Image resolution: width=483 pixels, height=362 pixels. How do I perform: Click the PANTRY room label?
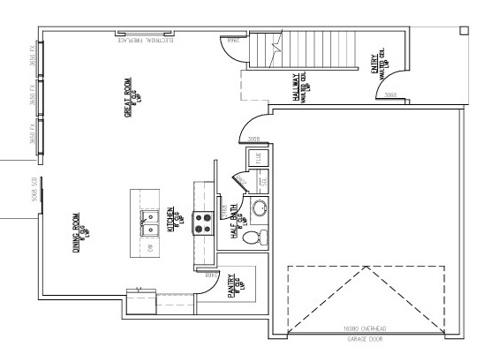point(231,288)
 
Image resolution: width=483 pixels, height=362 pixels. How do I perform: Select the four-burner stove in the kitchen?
point(205,222)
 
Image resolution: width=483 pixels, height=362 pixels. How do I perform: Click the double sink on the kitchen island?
point(156,218)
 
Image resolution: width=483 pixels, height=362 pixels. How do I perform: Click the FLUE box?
point(259,158)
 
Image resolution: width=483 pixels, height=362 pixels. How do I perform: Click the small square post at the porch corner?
point(464,30)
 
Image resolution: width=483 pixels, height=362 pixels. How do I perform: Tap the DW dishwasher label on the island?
point(152,248)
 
